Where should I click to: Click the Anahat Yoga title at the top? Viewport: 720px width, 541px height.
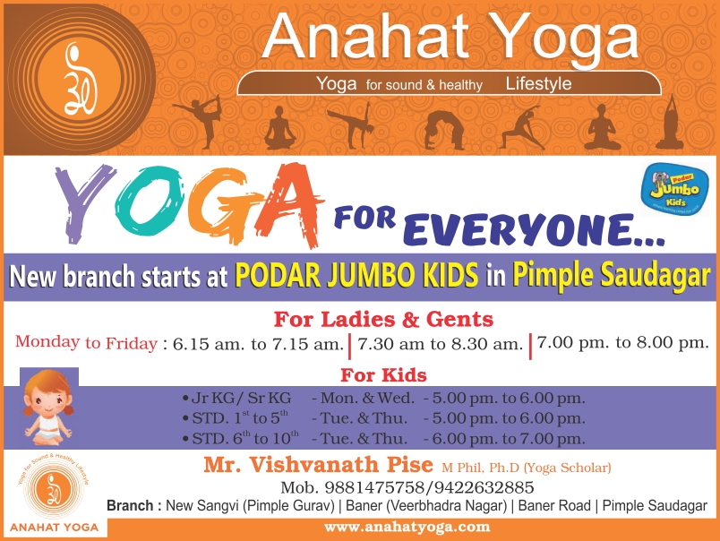[450, 38]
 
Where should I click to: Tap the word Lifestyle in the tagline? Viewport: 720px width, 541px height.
[538, 84]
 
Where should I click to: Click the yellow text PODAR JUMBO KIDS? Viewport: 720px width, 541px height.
[356, 276]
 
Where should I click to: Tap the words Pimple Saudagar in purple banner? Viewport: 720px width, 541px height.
[610, 276]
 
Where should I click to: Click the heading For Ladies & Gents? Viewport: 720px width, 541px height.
[383, 319]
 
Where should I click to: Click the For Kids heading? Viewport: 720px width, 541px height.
[383, 374]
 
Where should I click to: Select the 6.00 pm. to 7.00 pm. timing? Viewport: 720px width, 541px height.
[510, 439]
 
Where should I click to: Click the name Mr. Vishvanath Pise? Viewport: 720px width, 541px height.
[320, 466]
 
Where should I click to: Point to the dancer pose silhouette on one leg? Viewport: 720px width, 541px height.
[198, 119]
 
